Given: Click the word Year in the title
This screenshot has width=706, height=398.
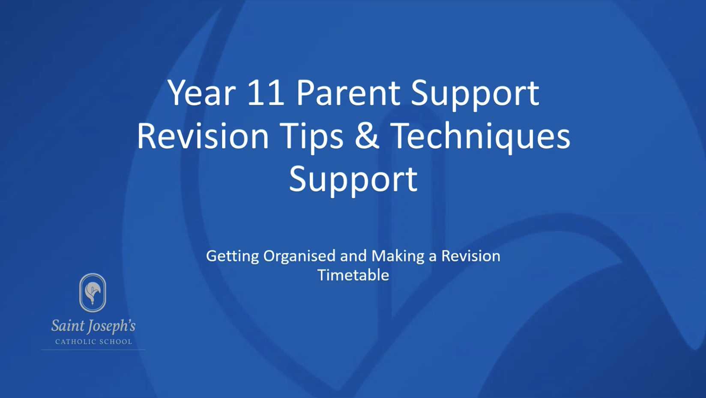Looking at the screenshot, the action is pyautogui.click(x=201, y=93).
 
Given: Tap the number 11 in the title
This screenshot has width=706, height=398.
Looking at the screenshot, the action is pyautogui.click(x=266, y=93).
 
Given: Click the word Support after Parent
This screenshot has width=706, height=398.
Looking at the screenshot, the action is pyautogui.click(x=475, y=95).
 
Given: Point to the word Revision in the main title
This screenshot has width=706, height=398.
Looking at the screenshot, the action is pyautogui.click(x=203, y=137).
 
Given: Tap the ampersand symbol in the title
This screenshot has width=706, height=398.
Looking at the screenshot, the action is pyautogui.click(x=367, y=136).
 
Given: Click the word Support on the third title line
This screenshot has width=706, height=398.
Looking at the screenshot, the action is pyautogui.click(x=353, y=181).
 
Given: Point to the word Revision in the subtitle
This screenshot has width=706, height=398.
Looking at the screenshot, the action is pyautogui.click(x=471, y=255).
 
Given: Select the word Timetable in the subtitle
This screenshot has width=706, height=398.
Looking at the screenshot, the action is pyautogui.click(x=353, y=275).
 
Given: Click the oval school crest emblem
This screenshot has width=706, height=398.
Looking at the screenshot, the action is pyautogui.click(x=93, y=293).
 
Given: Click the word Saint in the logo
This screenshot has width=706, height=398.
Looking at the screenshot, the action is pyautogui.click(x=67, y=326).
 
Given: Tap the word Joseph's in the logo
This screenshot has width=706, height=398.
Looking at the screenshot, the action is pyautogui.click(x=111, y=327).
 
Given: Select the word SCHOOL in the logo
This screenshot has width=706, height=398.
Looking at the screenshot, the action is pyautogui.click(x=116, y=342).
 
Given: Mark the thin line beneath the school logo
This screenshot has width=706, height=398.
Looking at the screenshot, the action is pyautogui.click(x=93, y=350).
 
